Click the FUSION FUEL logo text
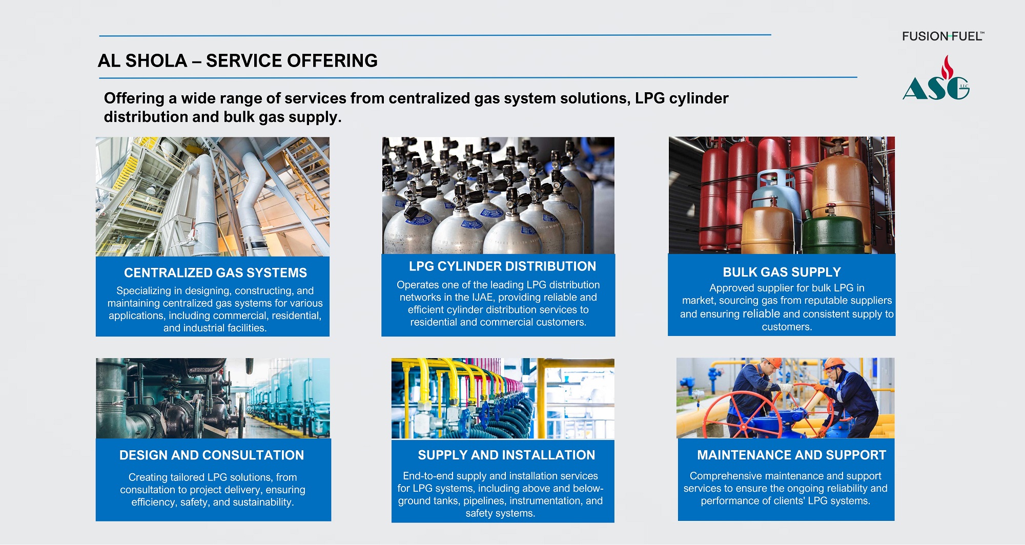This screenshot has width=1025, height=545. [x=942, y=36]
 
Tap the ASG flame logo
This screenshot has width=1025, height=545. [x=936, y=81]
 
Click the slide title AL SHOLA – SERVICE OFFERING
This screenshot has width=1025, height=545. [x=237, y=61]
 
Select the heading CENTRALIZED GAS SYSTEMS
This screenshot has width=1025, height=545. [x=215, y=272]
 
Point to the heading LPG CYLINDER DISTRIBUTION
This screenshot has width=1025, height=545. [x=502, y=266]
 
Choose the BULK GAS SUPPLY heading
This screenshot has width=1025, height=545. [x=782, y=272]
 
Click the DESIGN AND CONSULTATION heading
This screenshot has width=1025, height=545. [x=212, y=455]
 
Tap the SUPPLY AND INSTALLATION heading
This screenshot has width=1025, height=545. [x=506, y=455]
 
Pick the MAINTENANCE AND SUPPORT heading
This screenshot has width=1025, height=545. [x=791, y=455]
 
